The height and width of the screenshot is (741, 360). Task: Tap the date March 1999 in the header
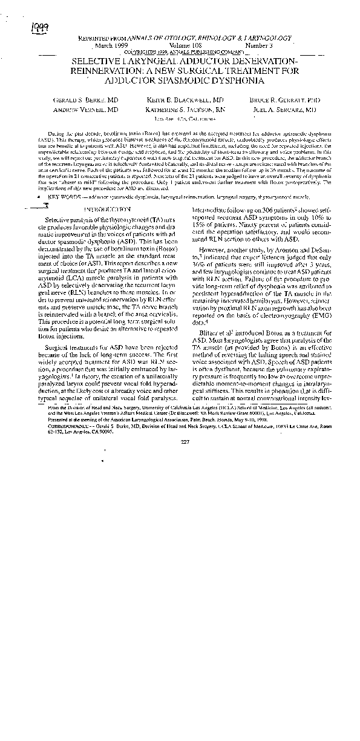click(x=113, y=45)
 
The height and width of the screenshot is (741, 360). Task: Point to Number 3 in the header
click(x=259, y=45)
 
